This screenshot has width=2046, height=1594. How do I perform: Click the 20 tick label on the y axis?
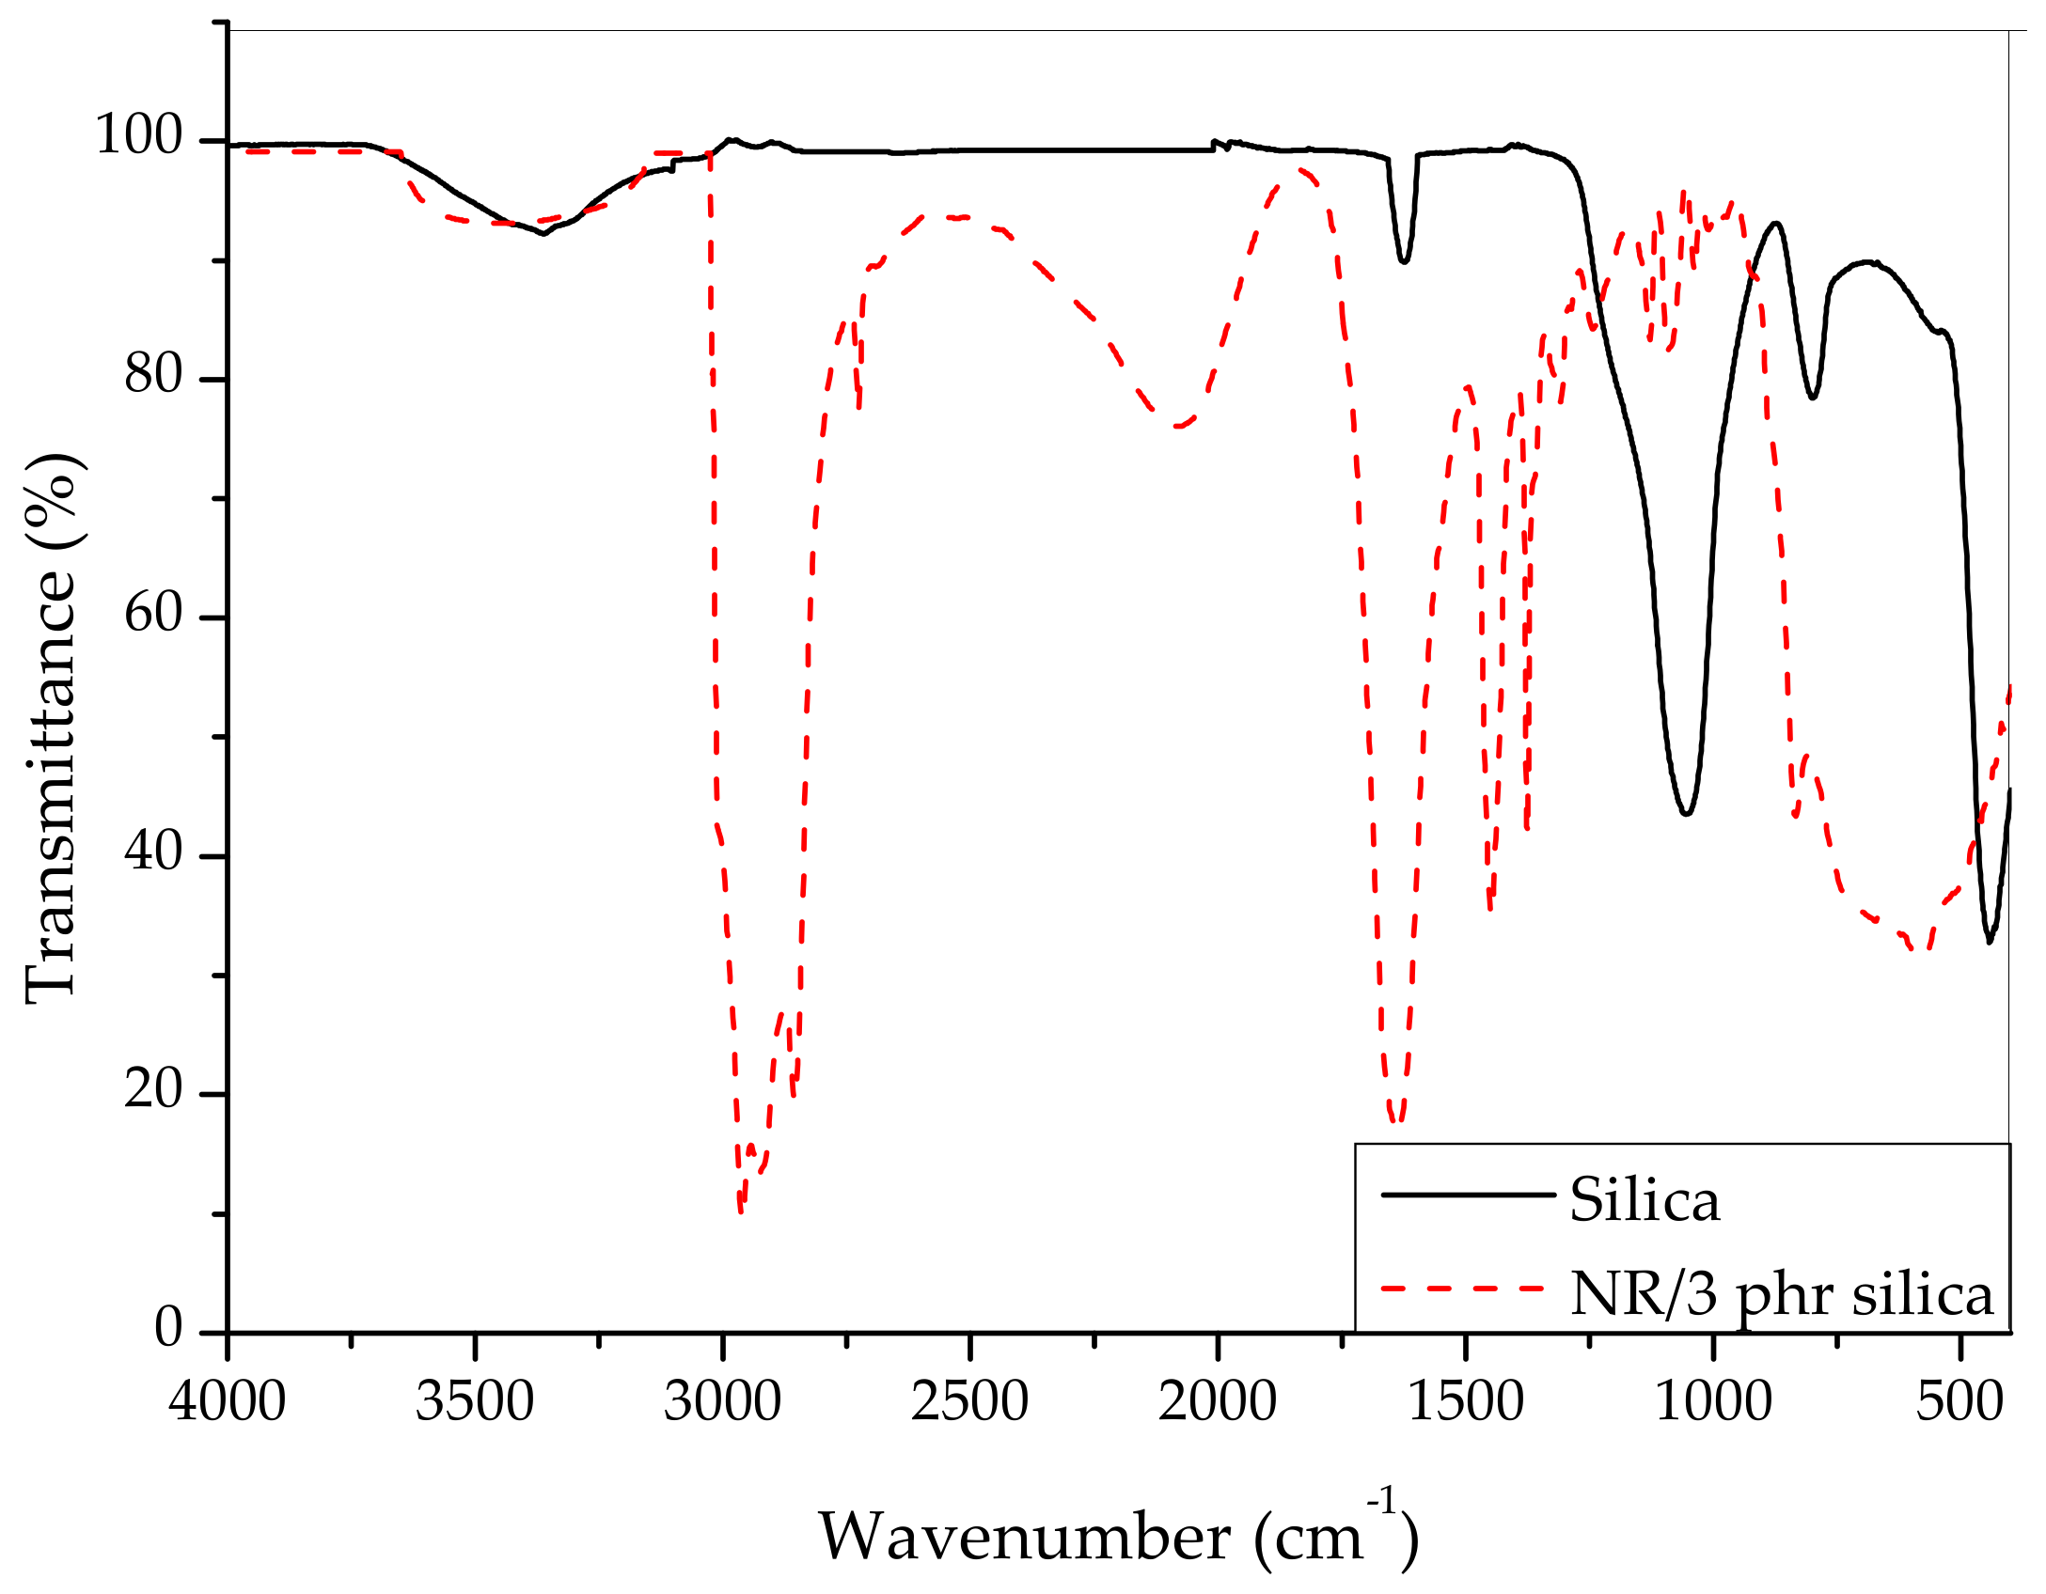point(153,1091)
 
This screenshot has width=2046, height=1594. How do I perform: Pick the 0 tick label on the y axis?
point(169,1329)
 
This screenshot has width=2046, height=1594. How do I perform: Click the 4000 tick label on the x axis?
point(227,1402)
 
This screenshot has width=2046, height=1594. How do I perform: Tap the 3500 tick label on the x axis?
point(475,1402)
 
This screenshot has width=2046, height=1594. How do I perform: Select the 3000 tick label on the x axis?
point(722,1402)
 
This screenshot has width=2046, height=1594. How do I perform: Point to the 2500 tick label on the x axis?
point(969,1402)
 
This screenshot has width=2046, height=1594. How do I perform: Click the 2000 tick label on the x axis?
point(1218,1402)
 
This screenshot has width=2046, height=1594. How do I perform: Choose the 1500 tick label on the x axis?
point(1465,1402)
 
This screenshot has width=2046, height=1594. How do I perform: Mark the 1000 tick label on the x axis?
point(1713,1402)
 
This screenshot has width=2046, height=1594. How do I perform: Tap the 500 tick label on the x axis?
point(1960,1402)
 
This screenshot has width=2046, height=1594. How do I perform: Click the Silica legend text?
point(1645,1202)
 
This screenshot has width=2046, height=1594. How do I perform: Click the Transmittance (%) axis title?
point(52,728)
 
